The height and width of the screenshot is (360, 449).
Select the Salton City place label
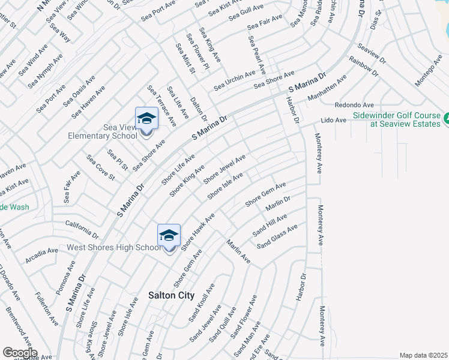point(171,295)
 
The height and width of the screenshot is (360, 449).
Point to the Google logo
point(20,352)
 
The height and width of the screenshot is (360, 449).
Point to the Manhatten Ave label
point(327,88)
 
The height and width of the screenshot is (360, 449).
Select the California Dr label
point(82,228)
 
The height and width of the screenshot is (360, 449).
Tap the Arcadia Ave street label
point(41,255)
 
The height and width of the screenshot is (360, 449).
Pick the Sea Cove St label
point(100,167)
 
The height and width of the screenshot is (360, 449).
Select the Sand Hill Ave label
point(270,224)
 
